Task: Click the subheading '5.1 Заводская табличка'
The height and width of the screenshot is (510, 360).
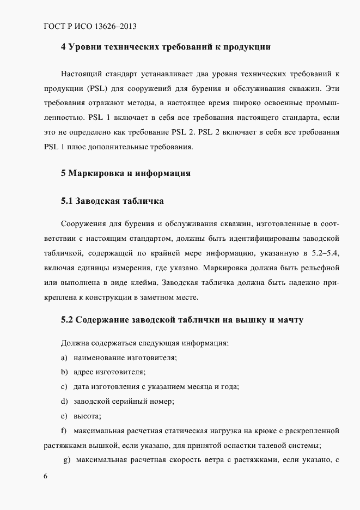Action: pos(112,201)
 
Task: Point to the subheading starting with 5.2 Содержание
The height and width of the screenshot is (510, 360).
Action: pos(182,320)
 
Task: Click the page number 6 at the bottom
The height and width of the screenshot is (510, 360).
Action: pos(45,476)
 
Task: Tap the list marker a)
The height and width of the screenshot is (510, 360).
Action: pos(64,357)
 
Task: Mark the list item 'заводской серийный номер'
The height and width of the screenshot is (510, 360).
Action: pos(124,402)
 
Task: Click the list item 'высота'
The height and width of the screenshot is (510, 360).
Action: pos(87,416)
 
